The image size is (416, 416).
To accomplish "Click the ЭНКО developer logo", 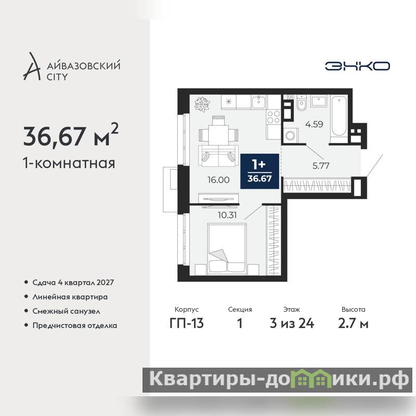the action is tap(357, 66).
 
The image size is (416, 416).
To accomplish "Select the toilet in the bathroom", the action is tap(302, 102).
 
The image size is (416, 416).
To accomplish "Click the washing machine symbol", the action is tap(291, 136).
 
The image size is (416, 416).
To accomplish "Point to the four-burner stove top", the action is tap(274, 117).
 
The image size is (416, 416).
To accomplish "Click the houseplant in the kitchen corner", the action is tap(202, 103).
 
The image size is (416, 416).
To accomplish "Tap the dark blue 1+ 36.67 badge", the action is tap(259, 172).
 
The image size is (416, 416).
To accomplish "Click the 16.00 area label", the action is tap(218, 180).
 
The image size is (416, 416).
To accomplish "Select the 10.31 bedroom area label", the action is tap(227, 215).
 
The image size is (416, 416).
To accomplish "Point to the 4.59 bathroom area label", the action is tap(314, 124).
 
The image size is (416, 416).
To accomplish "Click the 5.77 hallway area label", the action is tap(321, 166).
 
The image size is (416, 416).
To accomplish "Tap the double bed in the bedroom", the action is tap(227, 249).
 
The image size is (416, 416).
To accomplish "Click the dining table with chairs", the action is tap(218, 131).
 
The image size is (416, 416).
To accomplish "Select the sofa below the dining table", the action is tap(218, 156).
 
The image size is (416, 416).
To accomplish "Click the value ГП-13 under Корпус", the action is tap(187, 323).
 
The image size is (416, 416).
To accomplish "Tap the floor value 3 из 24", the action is tap(292, 323).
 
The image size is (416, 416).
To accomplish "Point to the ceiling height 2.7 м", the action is tap(353, 323).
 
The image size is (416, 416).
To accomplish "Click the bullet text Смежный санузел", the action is tap(67, 311).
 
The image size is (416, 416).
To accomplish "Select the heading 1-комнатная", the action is tap(69, 163).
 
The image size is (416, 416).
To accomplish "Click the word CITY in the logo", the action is tap(57, 77).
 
